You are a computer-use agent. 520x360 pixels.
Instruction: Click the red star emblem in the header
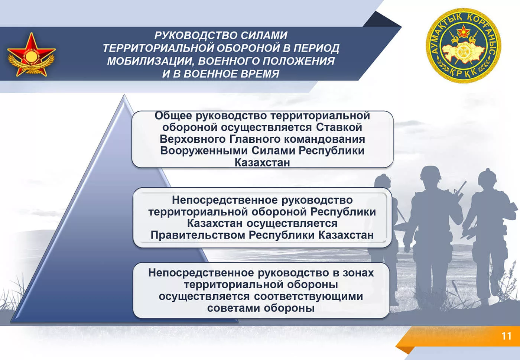[x=31, y=55]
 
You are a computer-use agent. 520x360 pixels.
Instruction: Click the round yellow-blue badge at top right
[x=464, y=46]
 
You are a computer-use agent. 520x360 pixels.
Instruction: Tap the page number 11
[x=507, y=336]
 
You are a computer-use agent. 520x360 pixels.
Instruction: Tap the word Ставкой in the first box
[x=339, y=127]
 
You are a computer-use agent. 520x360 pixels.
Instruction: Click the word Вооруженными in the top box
[x=204, y=151]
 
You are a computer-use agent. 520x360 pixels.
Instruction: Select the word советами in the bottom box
[x=234, y=308]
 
